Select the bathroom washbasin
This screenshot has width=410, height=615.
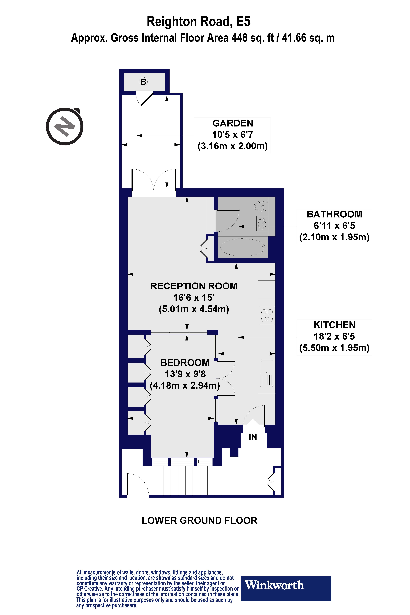pos(262,224)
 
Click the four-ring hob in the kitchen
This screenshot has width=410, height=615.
pos(267,315)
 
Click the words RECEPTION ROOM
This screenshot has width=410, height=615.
pos(194,286)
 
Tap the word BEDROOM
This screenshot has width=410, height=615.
pos(185,363)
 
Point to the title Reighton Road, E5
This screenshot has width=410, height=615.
pos(198,21)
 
